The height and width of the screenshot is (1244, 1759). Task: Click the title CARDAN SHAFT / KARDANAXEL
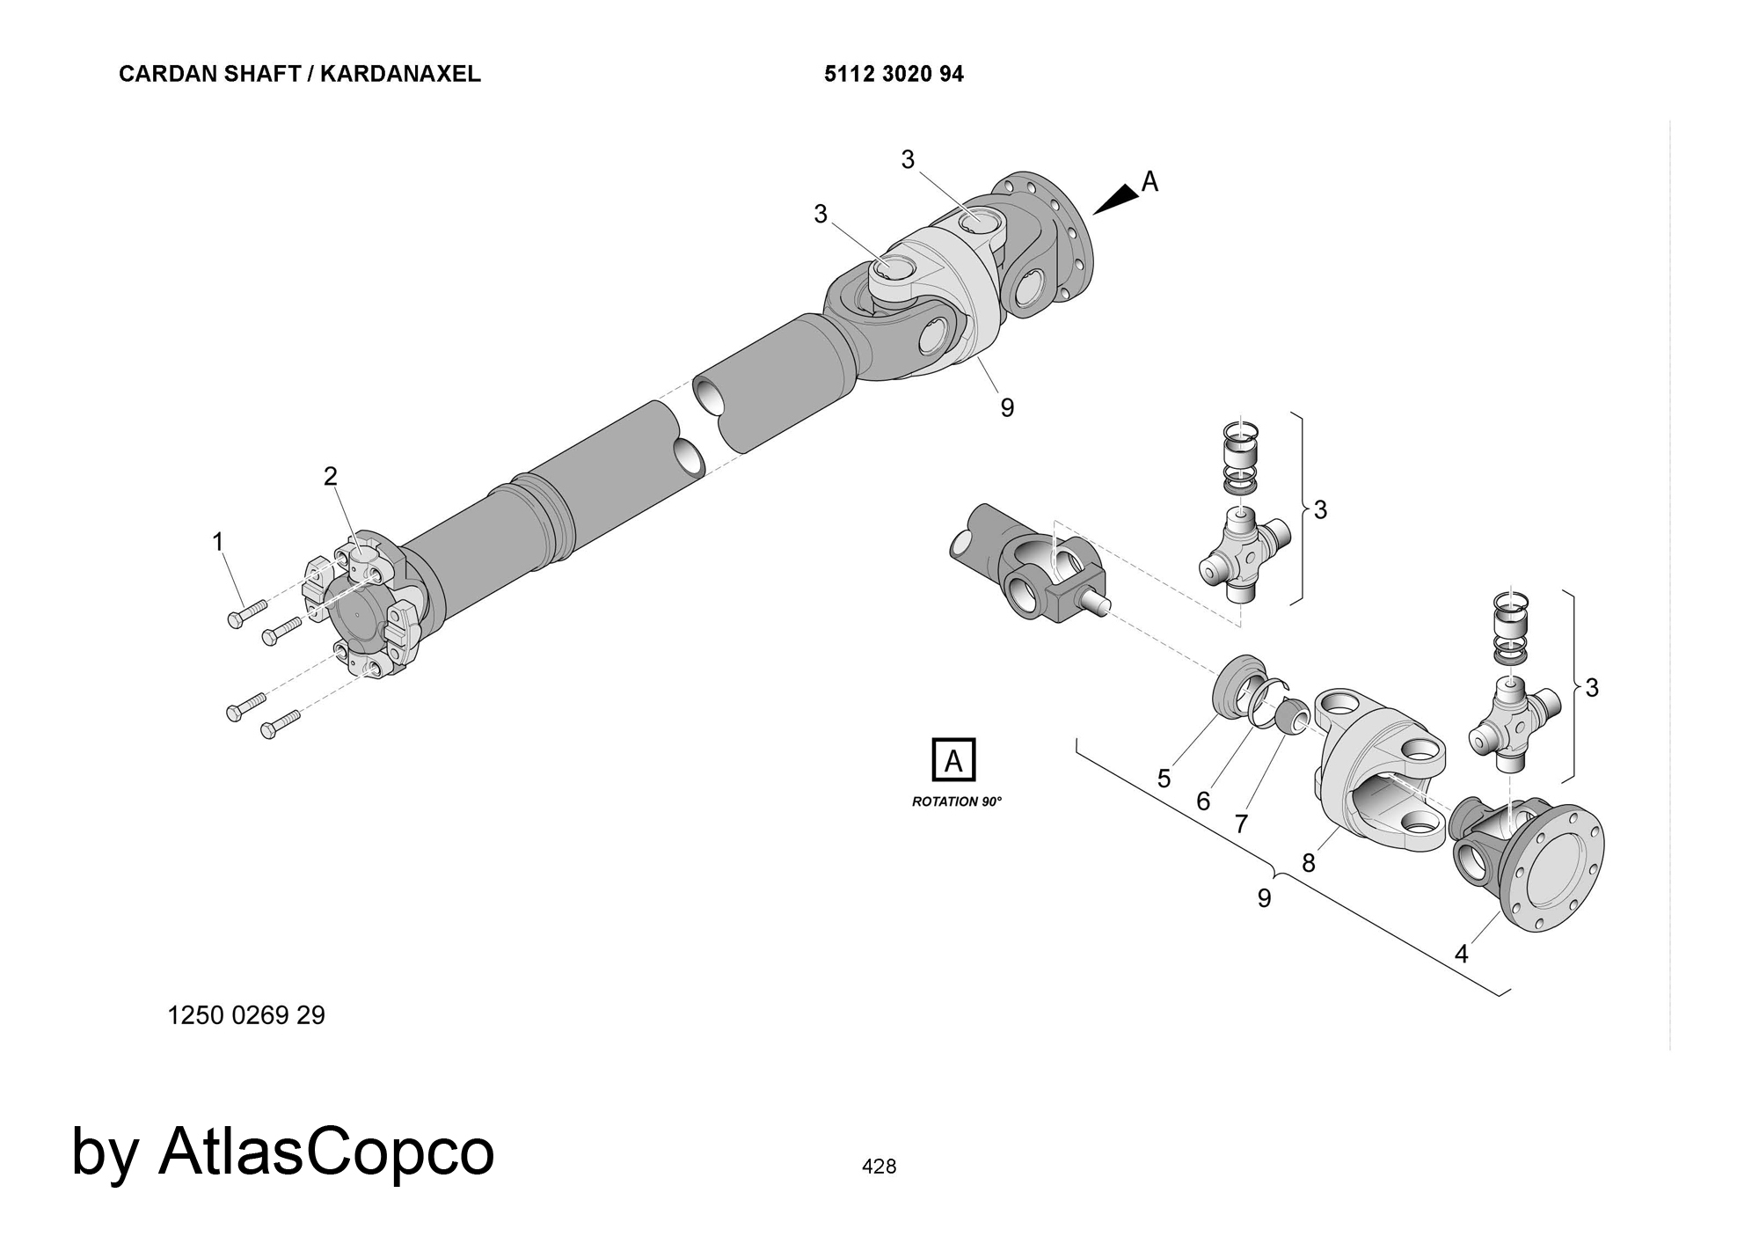point(299,74)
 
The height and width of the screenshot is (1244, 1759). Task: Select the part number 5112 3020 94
point(894,74)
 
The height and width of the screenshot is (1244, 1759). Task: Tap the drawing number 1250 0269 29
point(246,1016)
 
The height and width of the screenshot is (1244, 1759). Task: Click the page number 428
point(879,1167)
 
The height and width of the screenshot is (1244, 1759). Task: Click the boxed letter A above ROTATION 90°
point(953,760)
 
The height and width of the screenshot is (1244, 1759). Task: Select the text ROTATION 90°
point(957,802)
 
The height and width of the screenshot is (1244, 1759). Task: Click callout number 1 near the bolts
point(218,542)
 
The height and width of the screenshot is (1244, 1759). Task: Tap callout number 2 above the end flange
point(330,476)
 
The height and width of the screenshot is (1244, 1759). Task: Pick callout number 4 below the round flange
point(1462,954)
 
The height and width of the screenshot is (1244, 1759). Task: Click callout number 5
point(1164,779)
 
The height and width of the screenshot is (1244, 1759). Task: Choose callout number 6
point(1203,801)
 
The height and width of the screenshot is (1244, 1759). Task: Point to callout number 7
point(1241,824)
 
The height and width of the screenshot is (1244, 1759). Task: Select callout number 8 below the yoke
point(1309,863)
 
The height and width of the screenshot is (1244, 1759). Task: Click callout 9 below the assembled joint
point(1007,408)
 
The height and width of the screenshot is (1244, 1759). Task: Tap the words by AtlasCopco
point(282,1152)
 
